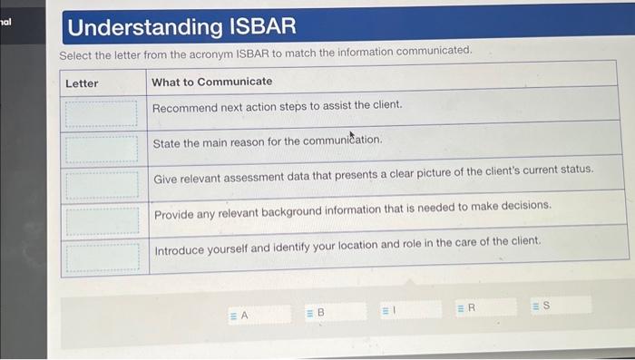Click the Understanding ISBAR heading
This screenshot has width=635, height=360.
[181, 27]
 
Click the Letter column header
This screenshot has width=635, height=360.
[82, 83]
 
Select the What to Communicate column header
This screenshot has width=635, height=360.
[211, 82]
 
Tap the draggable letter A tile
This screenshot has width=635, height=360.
[239, 315]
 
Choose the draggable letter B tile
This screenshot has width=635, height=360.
[316, 313]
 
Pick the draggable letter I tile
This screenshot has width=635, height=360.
[388, 311]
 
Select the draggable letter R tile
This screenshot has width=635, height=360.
[466, 308]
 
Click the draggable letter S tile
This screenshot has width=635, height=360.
[541, 306]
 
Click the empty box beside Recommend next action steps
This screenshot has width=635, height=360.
[102, 112]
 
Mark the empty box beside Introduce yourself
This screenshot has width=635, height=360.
[102, 256]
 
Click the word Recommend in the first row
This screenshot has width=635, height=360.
[185, 106]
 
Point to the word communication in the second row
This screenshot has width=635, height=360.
[345, 141]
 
